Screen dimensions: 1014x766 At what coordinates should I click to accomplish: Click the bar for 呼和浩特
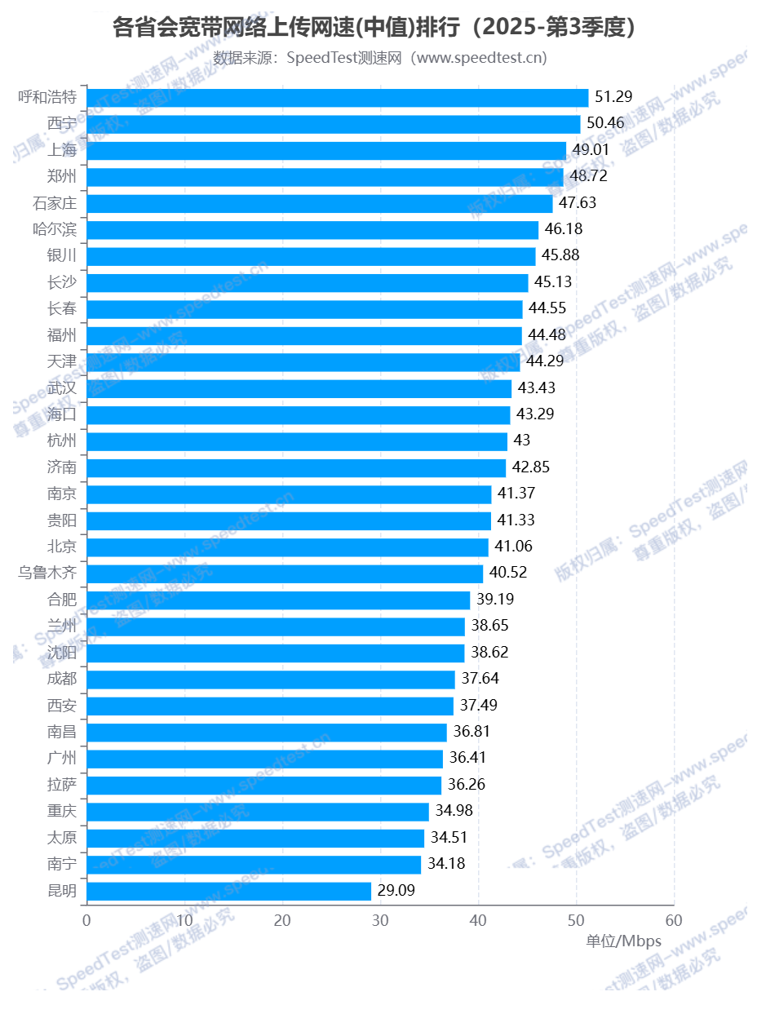pos(337,98)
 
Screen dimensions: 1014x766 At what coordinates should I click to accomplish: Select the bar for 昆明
pos(228,891)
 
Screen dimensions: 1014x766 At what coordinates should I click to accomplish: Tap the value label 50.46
pos(605,123)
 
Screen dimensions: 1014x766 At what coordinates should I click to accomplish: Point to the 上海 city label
pos(62,150)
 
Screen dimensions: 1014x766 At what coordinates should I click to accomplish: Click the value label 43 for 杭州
pos(522,441)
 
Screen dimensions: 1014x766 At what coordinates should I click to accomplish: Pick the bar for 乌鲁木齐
pos(285,573)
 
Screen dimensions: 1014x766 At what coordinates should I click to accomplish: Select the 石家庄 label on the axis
pos(55,203)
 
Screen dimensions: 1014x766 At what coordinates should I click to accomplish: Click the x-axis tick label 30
pos(380,920)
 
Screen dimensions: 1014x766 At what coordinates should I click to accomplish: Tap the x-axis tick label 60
pos(674,920)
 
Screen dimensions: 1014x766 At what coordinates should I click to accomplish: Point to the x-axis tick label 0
pos(86,920)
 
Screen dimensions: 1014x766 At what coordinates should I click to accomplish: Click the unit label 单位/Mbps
pos(623,941)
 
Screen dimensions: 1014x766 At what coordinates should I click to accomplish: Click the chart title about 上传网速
pos(374,28)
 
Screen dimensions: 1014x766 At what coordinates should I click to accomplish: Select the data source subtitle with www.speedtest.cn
pos(380,58)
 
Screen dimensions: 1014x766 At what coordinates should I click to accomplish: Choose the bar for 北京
pos(287,547)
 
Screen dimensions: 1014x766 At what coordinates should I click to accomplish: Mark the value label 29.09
pos(396,890)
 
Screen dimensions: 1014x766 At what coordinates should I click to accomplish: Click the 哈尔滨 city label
pos(55,229)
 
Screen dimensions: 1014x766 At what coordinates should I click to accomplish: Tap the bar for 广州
pos(264,759)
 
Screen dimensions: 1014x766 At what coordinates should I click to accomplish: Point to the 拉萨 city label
pos(62,785)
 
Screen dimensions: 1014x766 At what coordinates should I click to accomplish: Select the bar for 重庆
pos(258,812)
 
